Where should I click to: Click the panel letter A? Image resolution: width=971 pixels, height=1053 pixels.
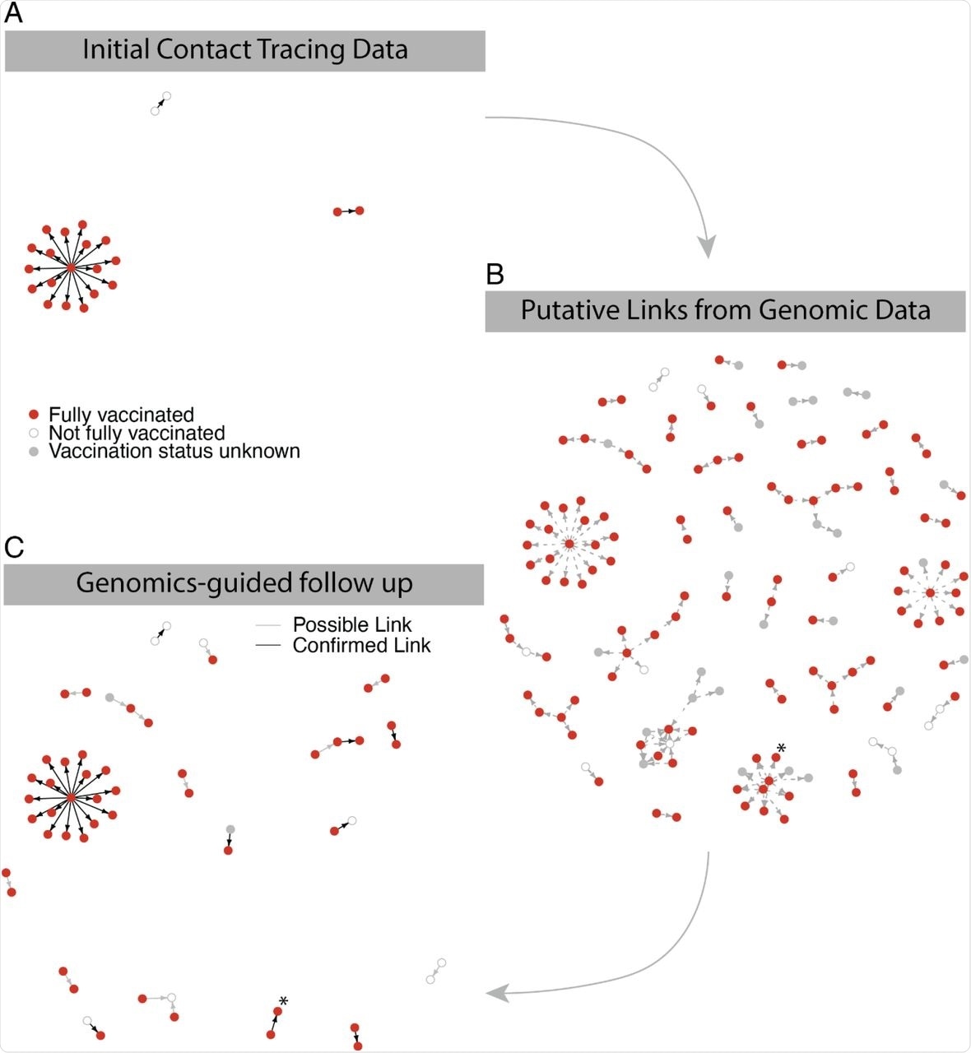point(13,15)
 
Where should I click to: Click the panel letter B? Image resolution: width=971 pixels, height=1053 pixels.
point(495,275)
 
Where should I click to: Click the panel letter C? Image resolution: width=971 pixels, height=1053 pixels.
point(14,547)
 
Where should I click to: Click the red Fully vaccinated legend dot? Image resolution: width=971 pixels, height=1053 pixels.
point(34,415)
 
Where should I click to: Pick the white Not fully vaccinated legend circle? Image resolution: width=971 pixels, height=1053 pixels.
point(34,433)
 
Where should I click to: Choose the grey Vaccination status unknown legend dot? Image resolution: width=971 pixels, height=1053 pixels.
point(34,452)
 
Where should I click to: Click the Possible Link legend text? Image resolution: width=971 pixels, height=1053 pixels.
point(351,625)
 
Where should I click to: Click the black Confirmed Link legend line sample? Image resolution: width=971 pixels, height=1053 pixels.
point(268,646)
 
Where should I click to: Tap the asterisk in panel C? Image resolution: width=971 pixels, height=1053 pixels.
point(283,1000)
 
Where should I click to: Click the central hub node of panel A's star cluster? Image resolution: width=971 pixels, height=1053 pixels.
point(72,268)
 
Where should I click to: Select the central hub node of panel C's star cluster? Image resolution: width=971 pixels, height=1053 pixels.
point(72,797)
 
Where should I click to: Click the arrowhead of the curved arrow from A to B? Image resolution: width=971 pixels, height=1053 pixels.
point(707,246)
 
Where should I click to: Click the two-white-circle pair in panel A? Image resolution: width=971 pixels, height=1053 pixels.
point(160,104)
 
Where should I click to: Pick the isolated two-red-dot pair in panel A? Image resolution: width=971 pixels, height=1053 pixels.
point(348,211)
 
